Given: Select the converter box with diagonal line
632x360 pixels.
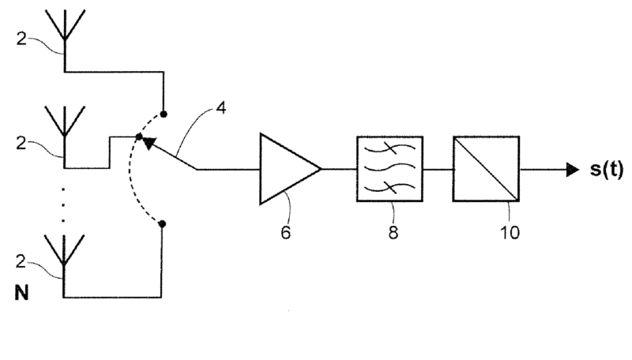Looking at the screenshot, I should [485, 169].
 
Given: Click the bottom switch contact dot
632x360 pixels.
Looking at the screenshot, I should [163, 224].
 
